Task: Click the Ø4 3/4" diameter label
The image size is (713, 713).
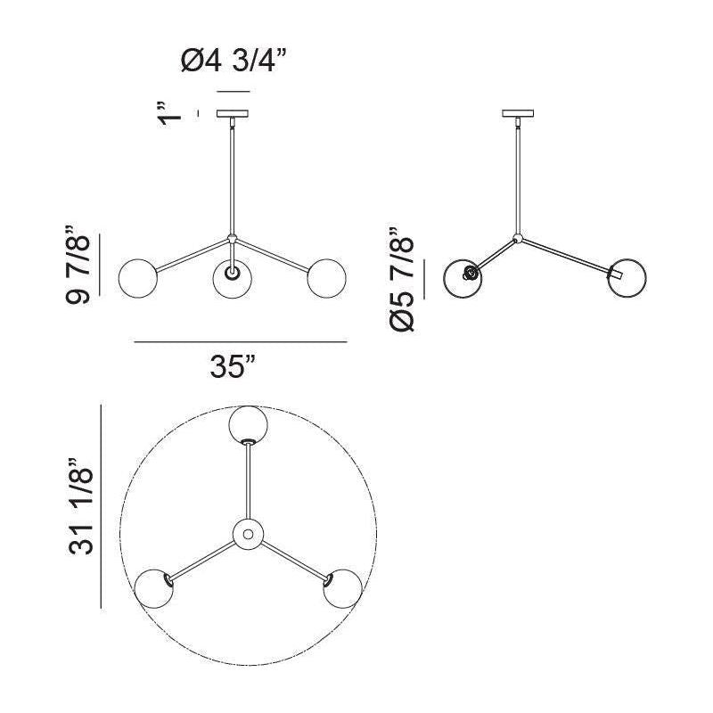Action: pos(234,61)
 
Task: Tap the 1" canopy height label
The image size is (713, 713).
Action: pos(169,114)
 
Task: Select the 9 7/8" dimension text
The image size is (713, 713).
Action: pos(78,264)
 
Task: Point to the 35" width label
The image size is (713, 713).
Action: pos(233,365)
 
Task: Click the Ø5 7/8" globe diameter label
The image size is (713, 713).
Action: pos(402,278)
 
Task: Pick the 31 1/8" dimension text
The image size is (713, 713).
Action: pos(81,505)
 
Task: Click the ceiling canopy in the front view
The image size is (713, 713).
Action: pos(233,113)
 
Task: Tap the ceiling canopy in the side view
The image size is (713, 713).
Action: pos(518,113)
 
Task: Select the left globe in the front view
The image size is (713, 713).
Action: pos(138,278)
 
